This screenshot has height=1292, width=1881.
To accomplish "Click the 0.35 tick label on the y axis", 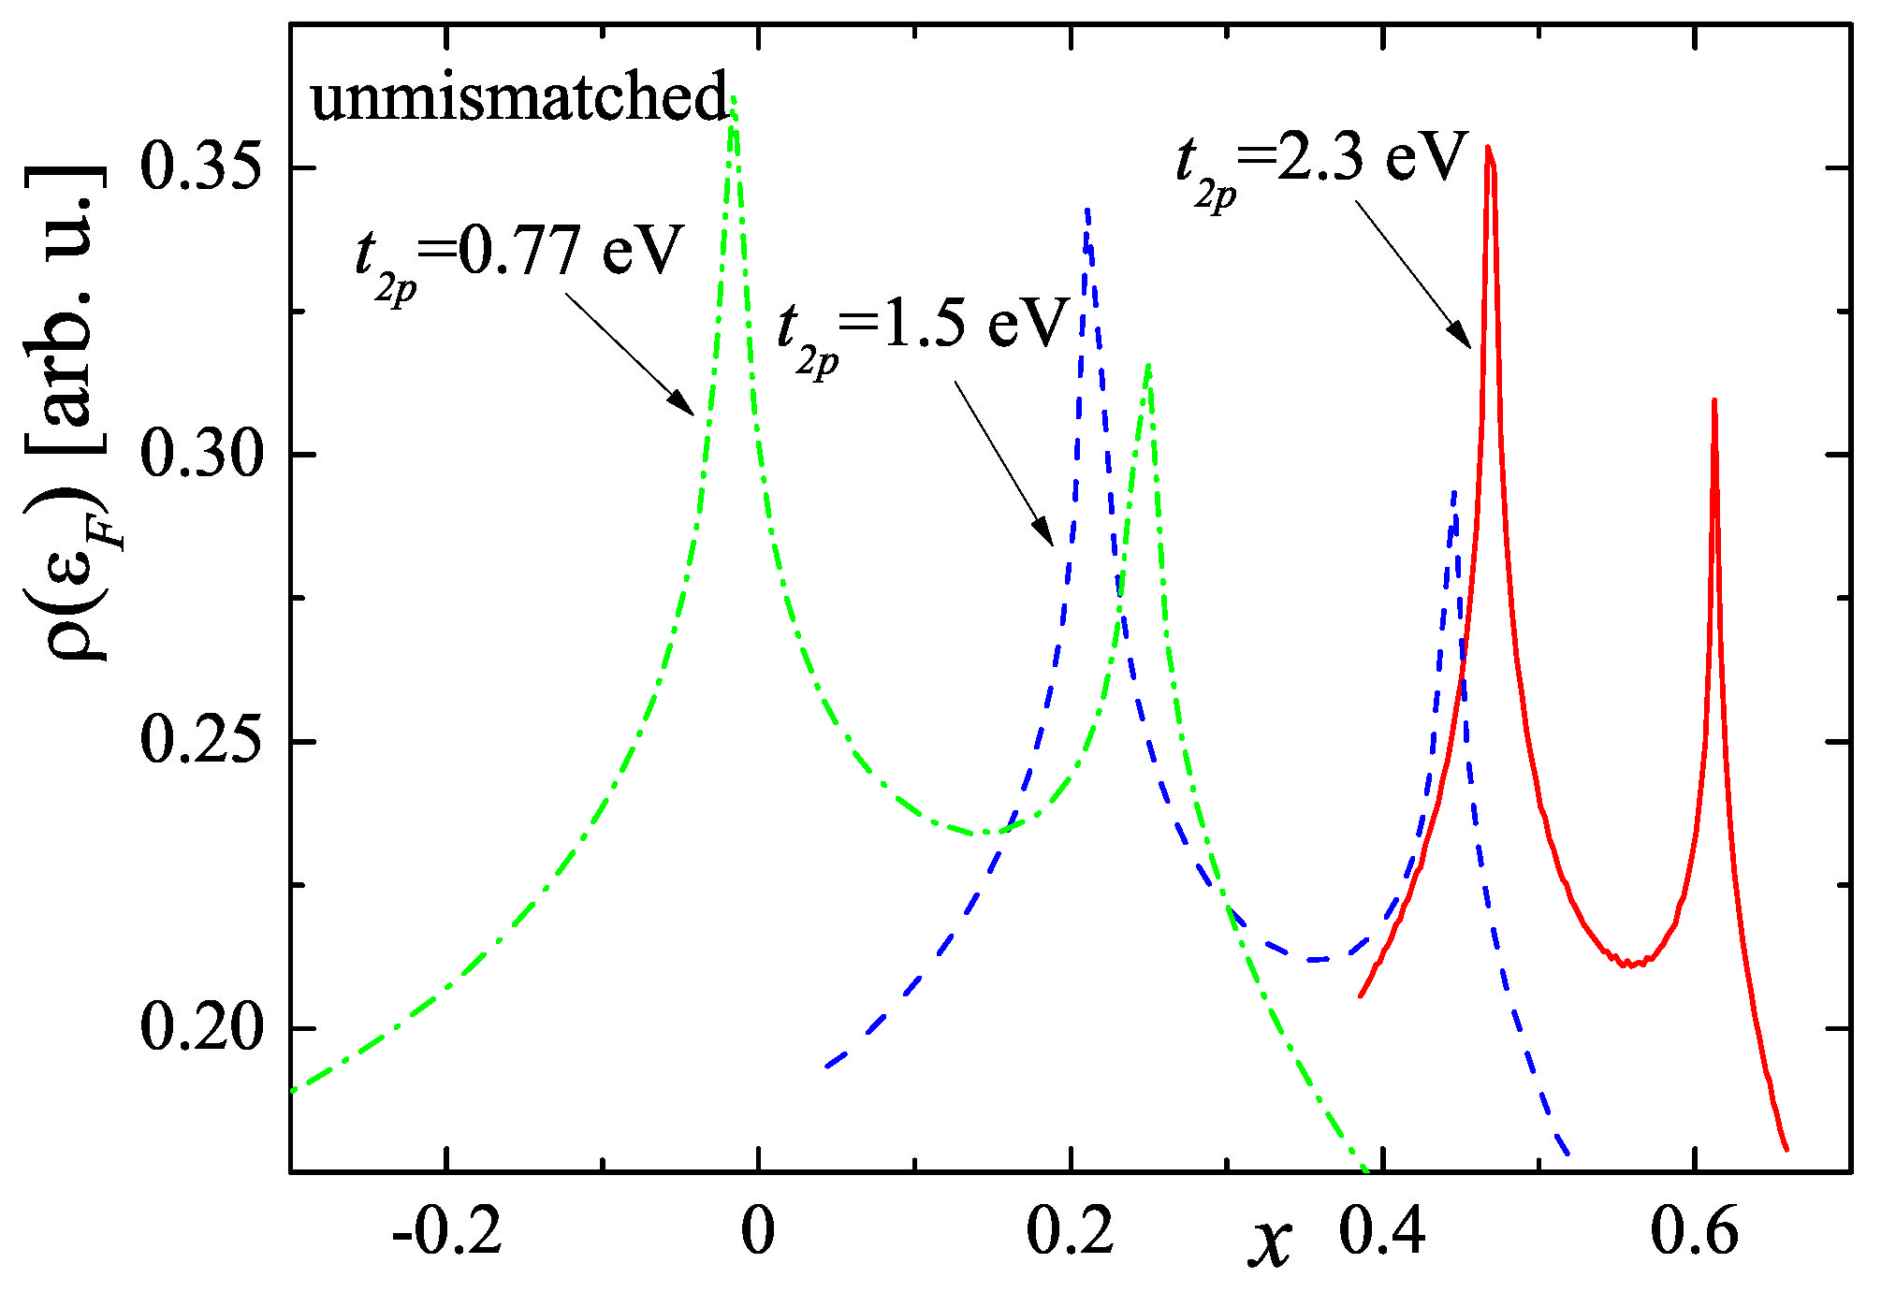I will pos(198,168).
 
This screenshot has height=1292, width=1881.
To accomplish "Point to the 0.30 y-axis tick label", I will pos(198,456).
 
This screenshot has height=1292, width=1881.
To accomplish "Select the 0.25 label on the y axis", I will pos(198,742).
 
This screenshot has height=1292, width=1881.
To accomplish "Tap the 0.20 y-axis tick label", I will pos(198,1028).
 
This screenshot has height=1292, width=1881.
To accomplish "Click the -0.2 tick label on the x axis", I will pos(447,1232).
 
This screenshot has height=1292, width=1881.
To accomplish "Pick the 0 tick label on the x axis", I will pos(757,1232).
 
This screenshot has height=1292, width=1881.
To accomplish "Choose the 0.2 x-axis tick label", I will pos(1071,1232).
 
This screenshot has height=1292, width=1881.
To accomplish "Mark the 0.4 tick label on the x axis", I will pos(1382,1232).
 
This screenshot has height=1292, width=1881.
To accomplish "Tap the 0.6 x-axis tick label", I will pos(1694,1232).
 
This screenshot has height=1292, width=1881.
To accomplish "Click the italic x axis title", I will pos(1270,1241).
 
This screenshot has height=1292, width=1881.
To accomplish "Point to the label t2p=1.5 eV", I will pos(922,330).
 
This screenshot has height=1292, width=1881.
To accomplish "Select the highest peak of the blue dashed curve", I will pos(1086,213).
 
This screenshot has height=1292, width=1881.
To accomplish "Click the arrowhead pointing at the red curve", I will pos(1462,338).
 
